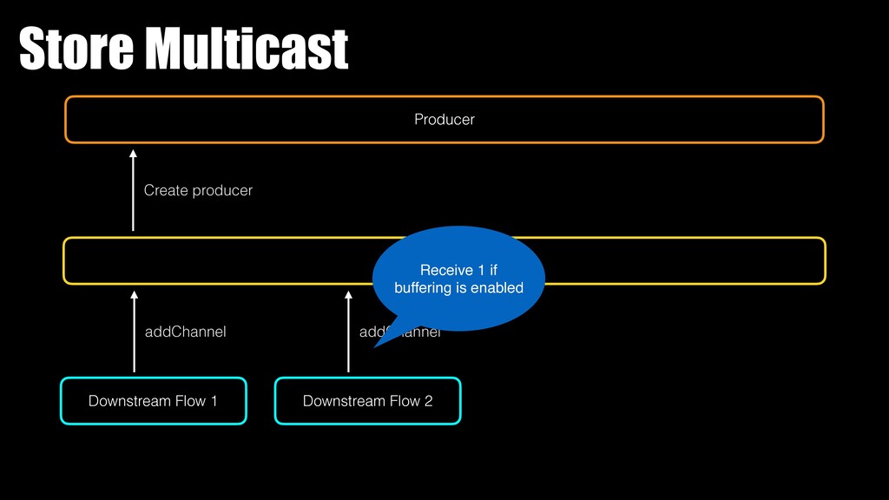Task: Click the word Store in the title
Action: coord(75,49)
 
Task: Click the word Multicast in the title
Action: coord(246,49)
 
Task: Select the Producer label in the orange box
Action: coord(444,120)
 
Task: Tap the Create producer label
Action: coord(198,190)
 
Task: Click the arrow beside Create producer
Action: coord(133,190)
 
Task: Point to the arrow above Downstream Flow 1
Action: coord(134,332)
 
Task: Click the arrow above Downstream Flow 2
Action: coord(348,332)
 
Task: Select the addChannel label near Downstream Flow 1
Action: coord(185,332)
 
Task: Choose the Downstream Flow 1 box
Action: coord(153,401)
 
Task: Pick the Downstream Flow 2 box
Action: coord(367,401)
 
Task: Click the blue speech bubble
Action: coord(458,278)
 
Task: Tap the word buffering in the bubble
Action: coord(423,288)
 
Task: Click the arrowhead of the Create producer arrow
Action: coord(133,155)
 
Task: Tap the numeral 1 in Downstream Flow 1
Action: coord(213,401)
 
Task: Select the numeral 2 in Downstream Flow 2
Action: coord(428,401)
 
